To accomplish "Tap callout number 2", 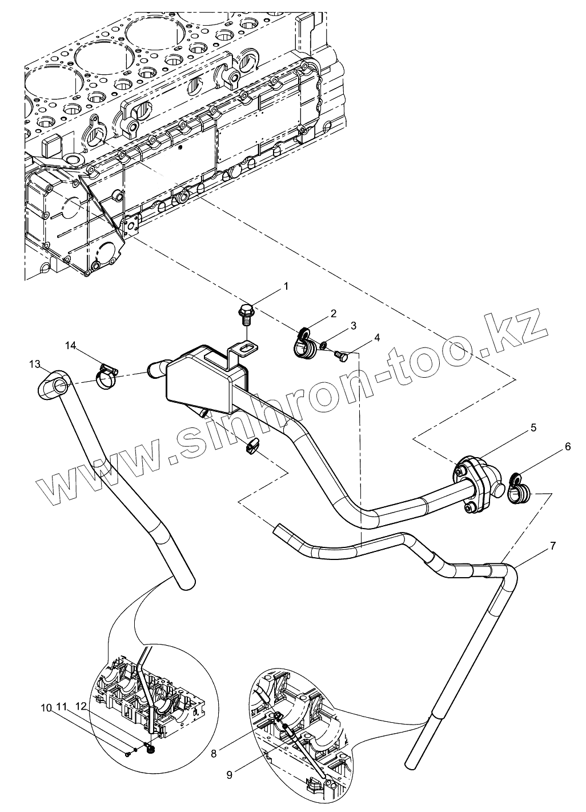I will [333, 313].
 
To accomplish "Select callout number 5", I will [353, 326].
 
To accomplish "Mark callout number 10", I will [45, 707].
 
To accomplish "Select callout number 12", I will [81, 707].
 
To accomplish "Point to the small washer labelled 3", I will [323, 345].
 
